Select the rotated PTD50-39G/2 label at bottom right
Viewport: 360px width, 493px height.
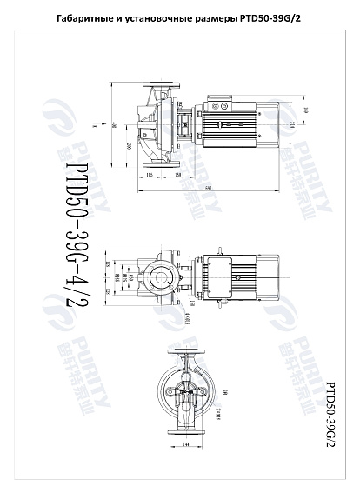pos(330,409)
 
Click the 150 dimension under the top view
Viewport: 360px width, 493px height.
pos(177,177)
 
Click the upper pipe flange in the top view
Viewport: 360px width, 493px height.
pos(160,87)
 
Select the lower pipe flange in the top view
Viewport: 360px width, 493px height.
pos(160,162)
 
